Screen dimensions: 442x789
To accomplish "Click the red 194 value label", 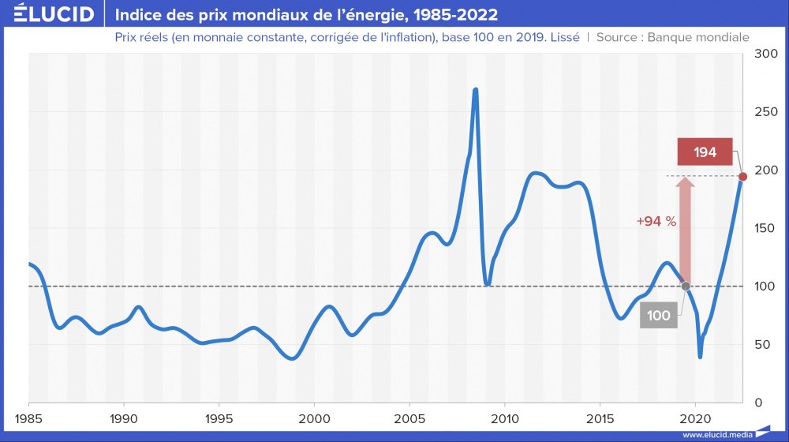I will [705, 152].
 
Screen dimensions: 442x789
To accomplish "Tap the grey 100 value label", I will [658, 316].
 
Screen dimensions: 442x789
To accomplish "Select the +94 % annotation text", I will [656, 221].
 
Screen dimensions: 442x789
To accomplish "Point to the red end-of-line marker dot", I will [742, 176].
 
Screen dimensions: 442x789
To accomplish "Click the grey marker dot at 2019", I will [686, 286].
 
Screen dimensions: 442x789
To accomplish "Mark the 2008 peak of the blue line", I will [475, 90].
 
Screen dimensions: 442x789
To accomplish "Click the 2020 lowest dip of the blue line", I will [700, 357].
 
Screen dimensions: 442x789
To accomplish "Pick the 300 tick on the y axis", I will [766, 54].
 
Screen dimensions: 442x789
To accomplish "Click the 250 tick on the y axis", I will [766, 112].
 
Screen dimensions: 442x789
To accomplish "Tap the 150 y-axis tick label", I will [766, 228].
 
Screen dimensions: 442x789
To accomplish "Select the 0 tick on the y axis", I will [759, 403].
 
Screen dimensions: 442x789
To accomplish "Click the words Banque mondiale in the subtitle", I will [697, 37].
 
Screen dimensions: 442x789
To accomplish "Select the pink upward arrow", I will [686, 229].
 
